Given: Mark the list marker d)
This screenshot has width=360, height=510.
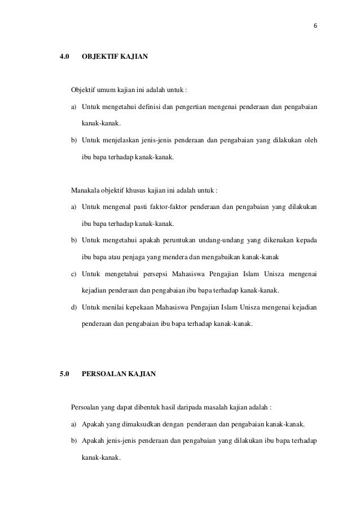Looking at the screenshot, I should [x=74, y=307].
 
